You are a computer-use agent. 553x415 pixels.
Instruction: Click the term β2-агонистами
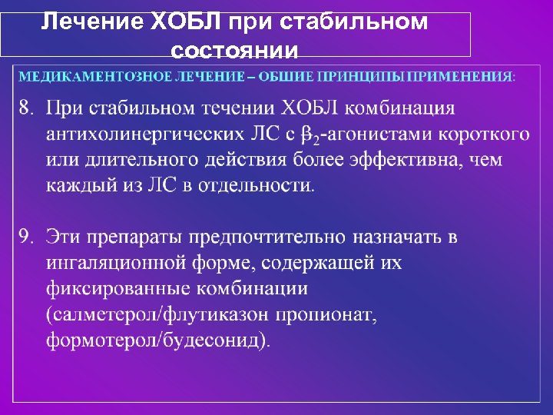click(x=368, y=134)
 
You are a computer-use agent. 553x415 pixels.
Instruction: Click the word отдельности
click(x=260, y=185)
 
